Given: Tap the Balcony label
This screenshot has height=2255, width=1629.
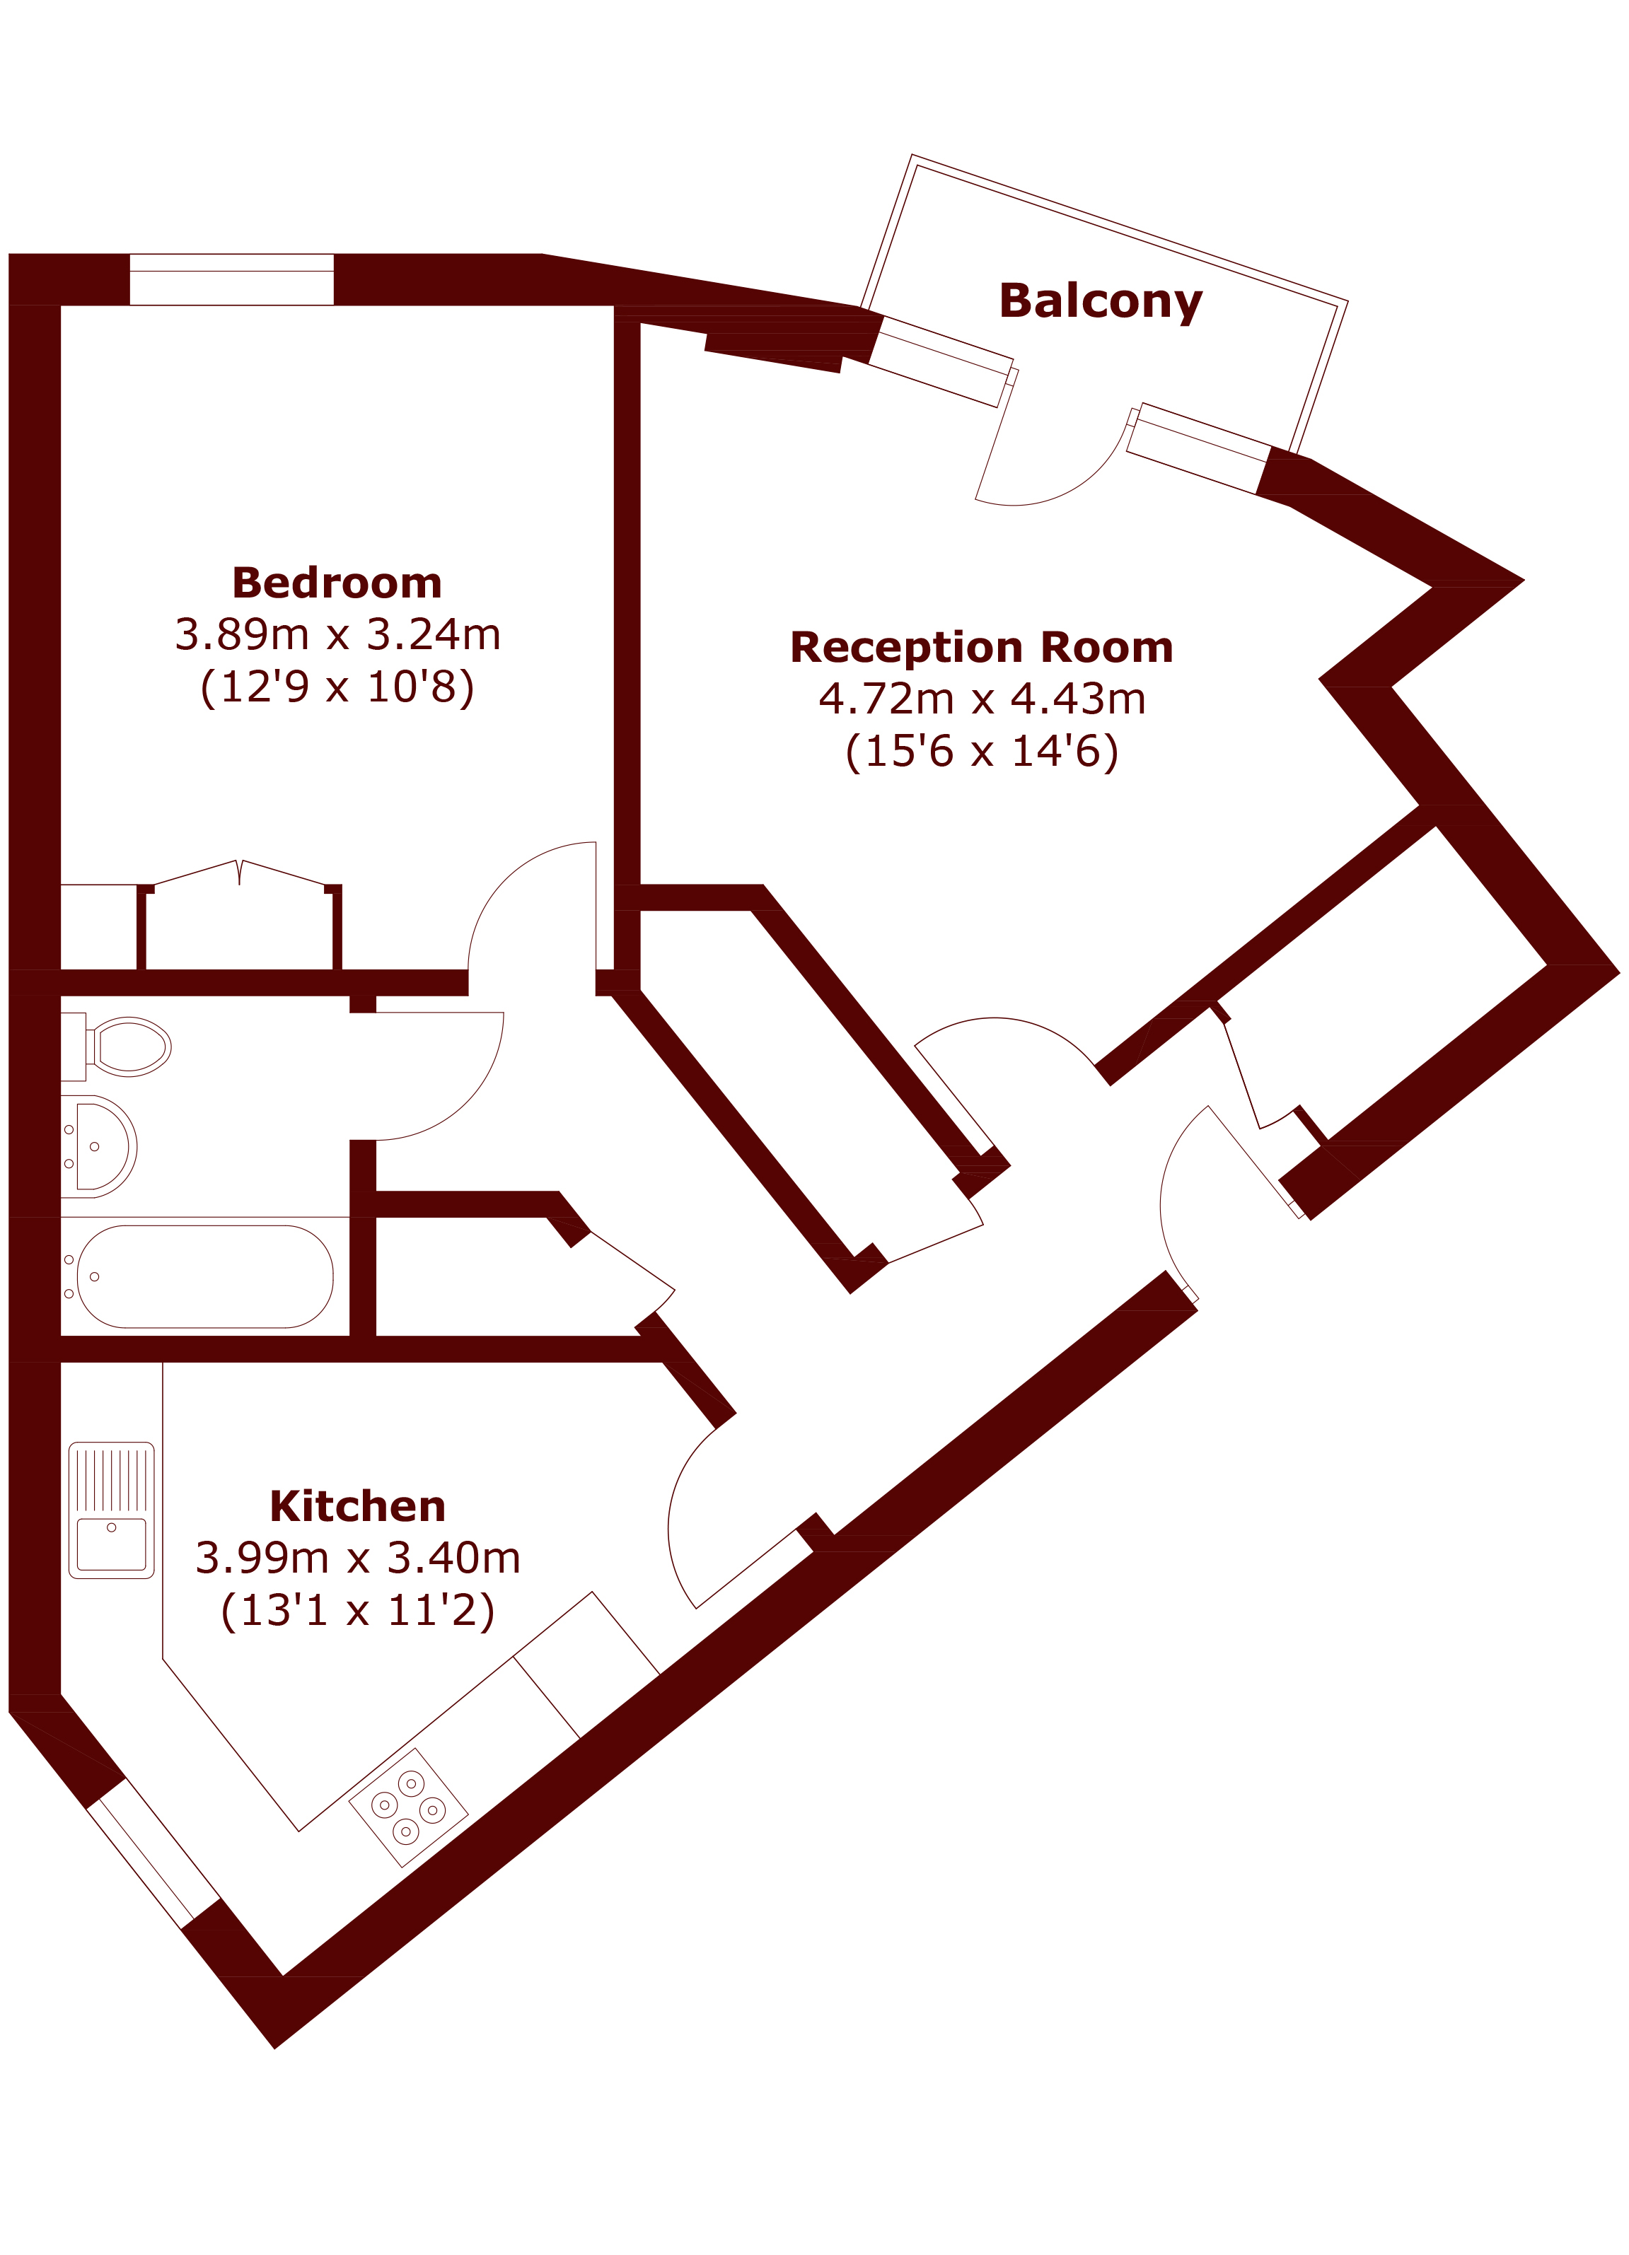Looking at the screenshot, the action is pyautogui.click(x=1100, y=302).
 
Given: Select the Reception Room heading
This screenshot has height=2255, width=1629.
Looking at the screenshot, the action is pyautogui.click(x=982, y=647).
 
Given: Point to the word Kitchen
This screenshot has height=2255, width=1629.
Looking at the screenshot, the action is pyautogui.click(x=357, y=1506).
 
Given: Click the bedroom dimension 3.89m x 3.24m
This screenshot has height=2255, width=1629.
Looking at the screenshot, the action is pyautogui.click(x=337, y=634).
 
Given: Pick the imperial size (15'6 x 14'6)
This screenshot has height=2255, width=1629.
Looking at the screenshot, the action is pyautogui.click(x=982, y=752).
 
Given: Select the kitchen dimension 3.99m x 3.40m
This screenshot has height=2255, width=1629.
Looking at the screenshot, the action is pyautogui.click(x=357, y=1558).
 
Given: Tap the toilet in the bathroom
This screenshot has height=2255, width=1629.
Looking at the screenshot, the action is pyautogui.click(x=115, y=1046).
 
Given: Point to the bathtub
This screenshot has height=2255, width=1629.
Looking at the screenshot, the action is pyautogui.click(x=205, y=1276).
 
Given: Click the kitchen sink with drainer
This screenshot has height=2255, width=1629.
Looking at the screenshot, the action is pyautogui.click(x=111, y=1510).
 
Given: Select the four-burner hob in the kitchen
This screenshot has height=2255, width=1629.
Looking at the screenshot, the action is pyautogui.click(x=409, y=1807).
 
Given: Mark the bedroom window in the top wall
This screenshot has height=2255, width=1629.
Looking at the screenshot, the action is pyautogui.click(x=232, y=279).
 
